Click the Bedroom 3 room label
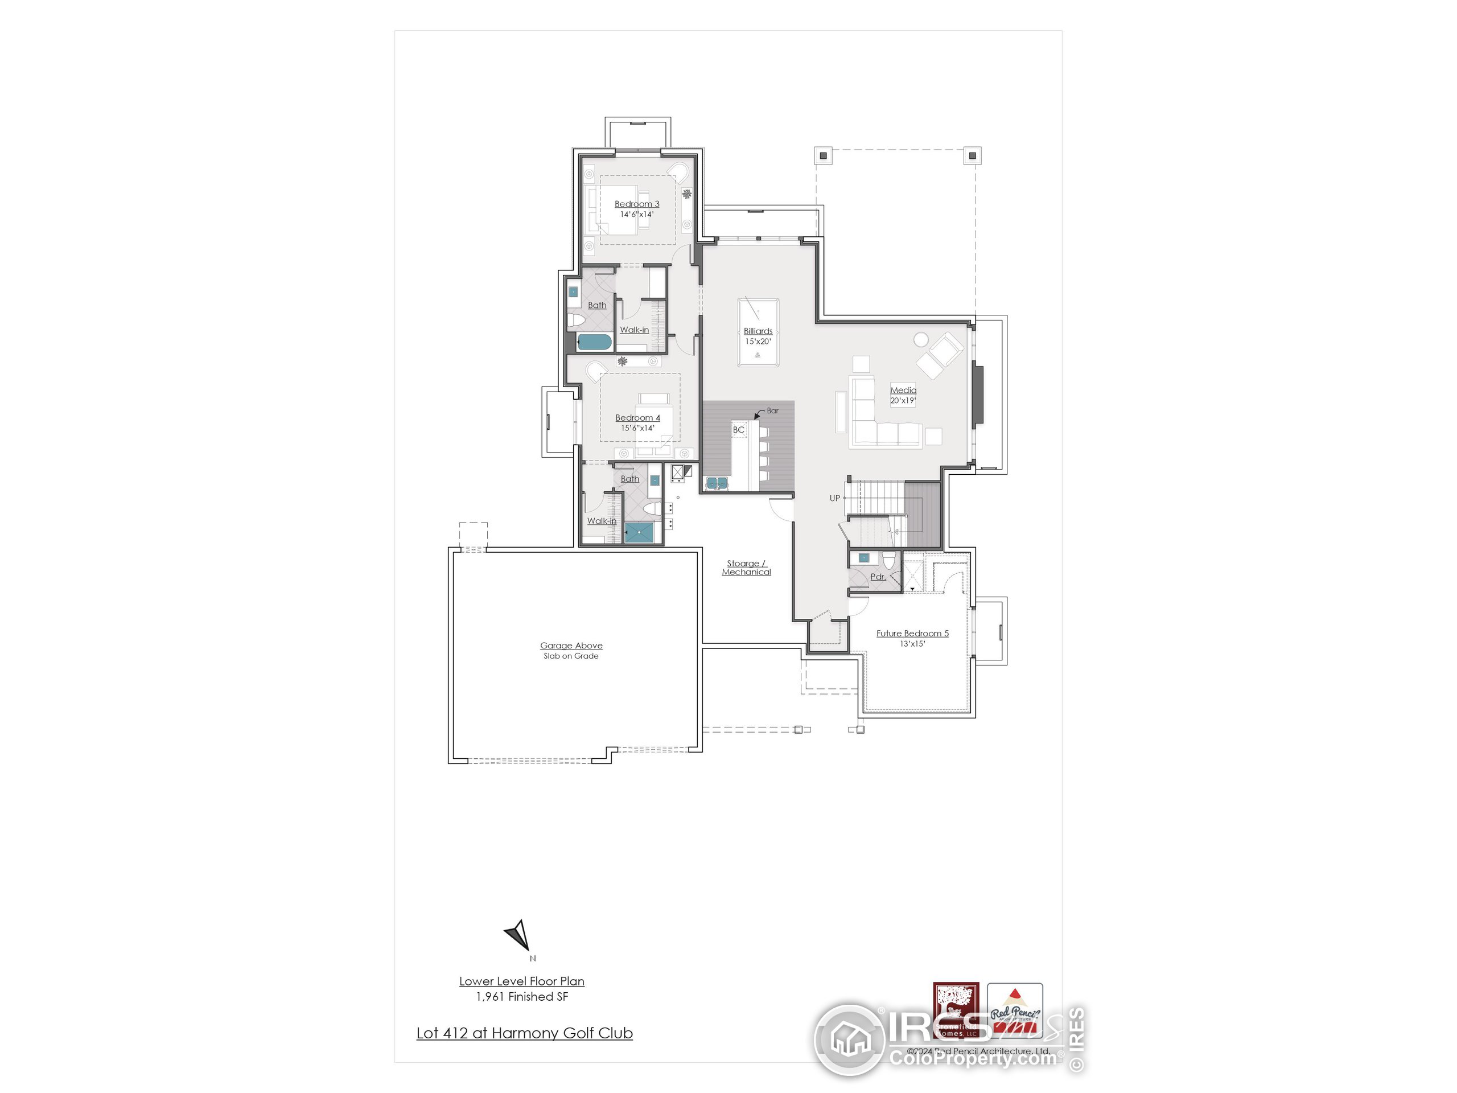click(636, 204)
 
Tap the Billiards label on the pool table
click(758, 331)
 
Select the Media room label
click(903, 390)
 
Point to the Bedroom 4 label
click(637, 418)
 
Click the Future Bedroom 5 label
click(912, 633)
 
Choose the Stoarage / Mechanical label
click(746, 567)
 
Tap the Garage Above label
click(570, 646)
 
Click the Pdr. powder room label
click(878, 577)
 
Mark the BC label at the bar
click(738, 430)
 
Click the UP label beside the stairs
click(834, 498)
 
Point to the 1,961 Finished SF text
click(522, 997)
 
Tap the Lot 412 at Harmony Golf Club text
click(524, 1033)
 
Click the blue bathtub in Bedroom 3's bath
click(594, 342)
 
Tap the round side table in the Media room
click(920, 339)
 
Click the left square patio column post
click(824, 156)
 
